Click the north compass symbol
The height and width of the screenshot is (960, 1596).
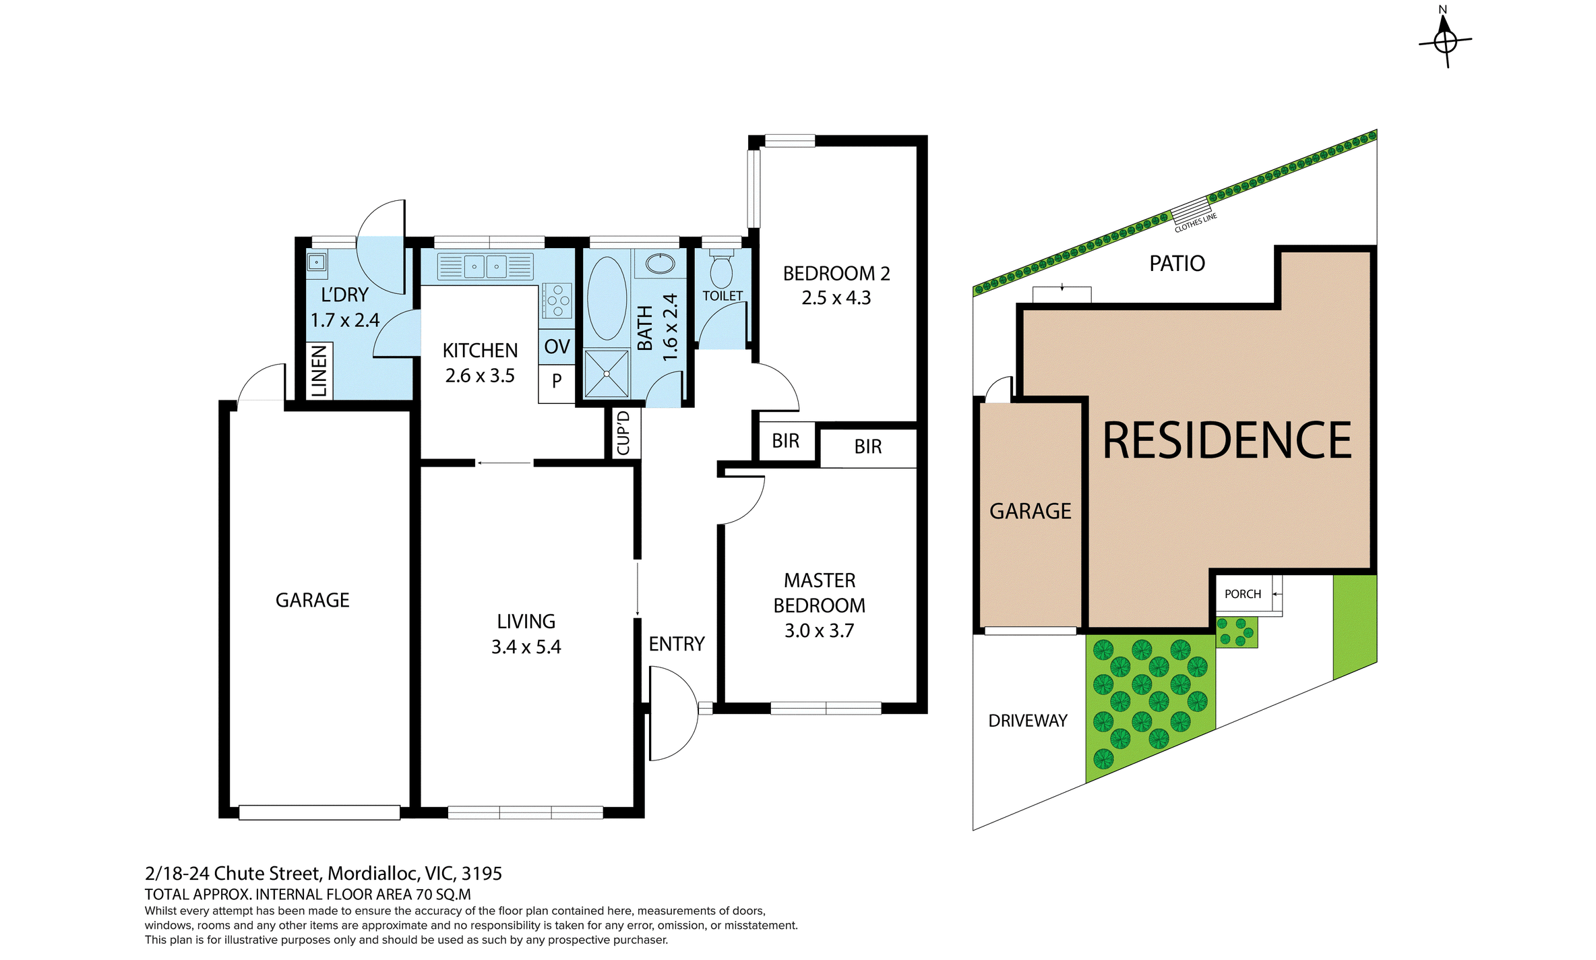1445,40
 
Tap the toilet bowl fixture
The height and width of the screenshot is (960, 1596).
721,268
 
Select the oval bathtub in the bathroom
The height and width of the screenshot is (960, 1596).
607,298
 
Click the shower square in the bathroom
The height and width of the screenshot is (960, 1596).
607,373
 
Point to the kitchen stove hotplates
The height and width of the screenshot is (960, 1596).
557,301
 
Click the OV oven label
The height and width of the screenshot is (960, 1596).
557,347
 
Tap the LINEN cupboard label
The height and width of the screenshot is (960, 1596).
319,371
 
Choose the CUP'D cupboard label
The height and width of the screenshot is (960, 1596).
623,433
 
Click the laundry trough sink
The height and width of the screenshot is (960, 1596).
317,262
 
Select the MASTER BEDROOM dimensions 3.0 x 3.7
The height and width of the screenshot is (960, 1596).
819,631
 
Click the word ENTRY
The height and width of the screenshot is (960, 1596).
677,644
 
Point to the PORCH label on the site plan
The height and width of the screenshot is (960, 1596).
1243,594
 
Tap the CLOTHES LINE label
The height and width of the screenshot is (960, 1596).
1196,222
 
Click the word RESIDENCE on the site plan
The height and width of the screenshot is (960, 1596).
1227,441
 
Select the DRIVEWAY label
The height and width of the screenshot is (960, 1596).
1028,721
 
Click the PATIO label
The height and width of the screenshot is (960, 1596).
1177,264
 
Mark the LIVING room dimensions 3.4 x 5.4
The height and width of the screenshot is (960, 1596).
526,647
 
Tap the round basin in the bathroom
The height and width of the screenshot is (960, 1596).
660,264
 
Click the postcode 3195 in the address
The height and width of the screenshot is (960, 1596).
482,874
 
